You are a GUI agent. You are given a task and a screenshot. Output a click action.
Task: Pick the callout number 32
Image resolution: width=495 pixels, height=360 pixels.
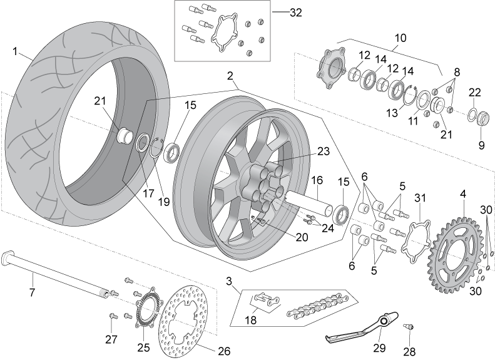(x=296, y=13)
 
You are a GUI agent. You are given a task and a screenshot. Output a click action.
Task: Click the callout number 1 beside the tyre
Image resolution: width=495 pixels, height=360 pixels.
(x=15, y=51)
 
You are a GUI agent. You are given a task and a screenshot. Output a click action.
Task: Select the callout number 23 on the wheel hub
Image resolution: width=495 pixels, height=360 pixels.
(x=323, y=152)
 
